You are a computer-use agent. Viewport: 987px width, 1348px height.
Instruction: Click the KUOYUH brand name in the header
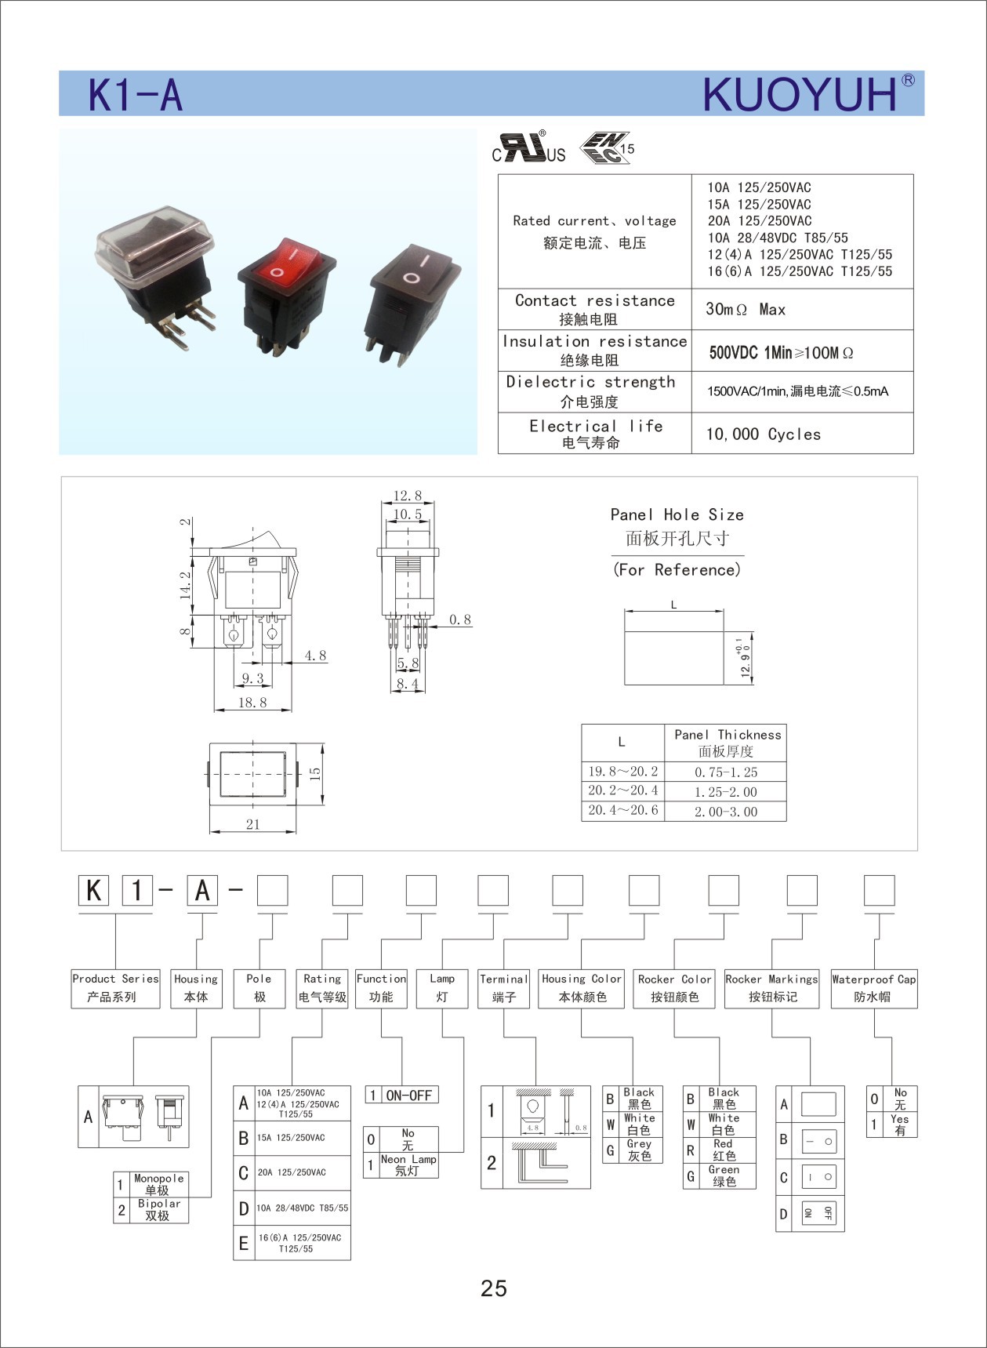click(x=800, y=95)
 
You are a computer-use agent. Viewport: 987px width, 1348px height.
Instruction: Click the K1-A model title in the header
click(x=135, y=96)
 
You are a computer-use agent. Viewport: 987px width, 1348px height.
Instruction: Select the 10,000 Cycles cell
click(x=763, y=434)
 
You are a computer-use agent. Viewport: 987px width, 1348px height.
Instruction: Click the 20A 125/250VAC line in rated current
click(x=760, y=221)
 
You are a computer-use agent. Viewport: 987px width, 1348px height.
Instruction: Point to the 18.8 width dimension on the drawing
click(x=252, y=703)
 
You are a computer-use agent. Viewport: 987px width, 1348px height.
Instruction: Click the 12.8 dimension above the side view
click(x=407, y=496)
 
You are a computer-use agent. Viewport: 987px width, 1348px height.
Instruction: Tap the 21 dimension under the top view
click(x=252, y=824)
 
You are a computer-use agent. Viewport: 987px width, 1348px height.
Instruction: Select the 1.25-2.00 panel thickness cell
click(x=725, y=792)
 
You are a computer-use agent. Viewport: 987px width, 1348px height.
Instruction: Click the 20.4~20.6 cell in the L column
click(x=623, y=810)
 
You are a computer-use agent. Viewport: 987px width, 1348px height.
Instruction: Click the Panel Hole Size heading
click(x=677, y=515)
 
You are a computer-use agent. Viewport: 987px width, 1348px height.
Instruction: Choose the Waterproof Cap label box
click(x=873, y=988)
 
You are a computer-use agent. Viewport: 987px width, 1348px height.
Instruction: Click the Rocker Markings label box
click(x=771, y=988)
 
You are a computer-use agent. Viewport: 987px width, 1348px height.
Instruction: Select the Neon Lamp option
click(x=408, y=1165)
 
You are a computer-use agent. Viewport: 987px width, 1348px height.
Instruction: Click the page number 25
click(x=494, y=1288)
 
